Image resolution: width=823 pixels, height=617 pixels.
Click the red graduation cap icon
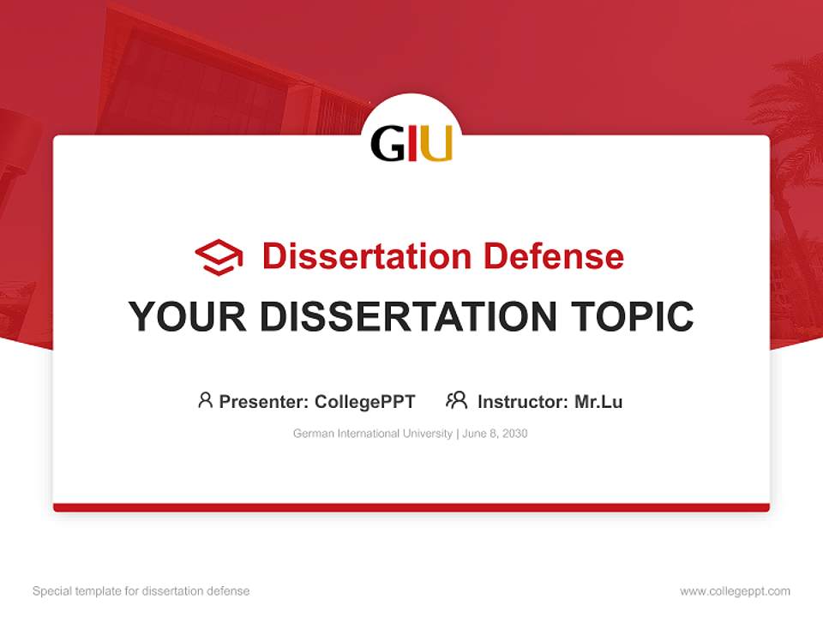(219, 257)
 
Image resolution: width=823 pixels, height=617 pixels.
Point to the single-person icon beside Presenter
(205, 400)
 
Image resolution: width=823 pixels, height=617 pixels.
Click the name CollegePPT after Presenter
(365, 401)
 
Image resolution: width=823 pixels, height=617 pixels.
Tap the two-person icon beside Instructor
(457, 400)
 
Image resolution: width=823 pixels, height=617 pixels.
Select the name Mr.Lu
(598, 401)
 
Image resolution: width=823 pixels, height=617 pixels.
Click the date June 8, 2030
(495, 434)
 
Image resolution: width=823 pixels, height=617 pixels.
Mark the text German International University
(372, 434)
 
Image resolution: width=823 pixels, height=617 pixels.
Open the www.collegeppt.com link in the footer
(735, 591)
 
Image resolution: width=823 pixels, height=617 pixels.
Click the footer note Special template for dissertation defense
(141, 591)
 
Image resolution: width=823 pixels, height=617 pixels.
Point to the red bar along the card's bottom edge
(411, 507)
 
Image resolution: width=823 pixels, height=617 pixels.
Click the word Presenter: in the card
(264, 401)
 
